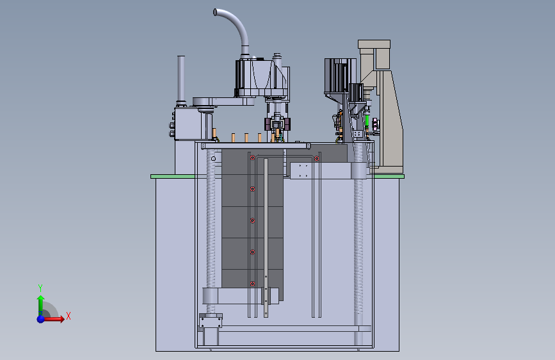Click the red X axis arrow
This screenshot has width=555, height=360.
pos(53,319)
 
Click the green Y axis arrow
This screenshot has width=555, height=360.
pos(41,306)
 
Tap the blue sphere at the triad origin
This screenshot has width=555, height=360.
pos(41,319)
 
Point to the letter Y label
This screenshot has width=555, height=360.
pos(40,288)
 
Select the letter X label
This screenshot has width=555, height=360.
pos(68,316)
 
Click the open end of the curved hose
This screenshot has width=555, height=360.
pos(215,13)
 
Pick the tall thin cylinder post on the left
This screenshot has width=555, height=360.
pos(181,78)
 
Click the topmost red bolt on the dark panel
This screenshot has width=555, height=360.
pos(252,158)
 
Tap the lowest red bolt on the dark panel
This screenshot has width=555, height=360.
pos(252,284)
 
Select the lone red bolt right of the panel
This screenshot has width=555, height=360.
pos(317,158)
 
